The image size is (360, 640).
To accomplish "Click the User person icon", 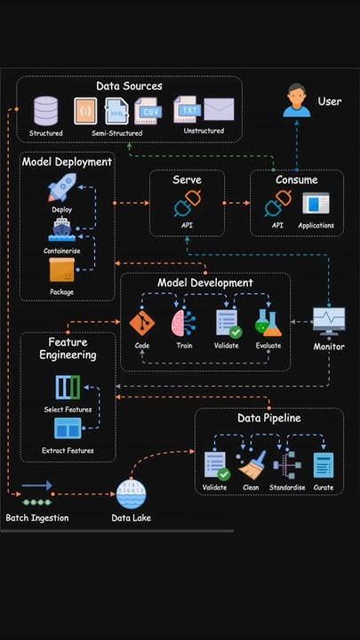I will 297,100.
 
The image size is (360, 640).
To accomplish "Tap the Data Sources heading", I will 130,86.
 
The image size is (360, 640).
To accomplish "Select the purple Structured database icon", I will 46,111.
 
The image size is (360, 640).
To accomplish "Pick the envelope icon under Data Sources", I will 219,109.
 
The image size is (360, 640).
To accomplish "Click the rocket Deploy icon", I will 61,188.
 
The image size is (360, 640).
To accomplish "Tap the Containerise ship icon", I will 61,228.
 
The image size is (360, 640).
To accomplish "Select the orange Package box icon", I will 61,269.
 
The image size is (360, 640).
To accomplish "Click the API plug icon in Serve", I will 187,205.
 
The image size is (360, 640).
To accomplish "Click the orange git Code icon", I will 141,323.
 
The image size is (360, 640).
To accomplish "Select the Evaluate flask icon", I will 268,322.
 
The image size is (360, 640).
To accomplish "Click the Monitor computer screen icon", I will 328,321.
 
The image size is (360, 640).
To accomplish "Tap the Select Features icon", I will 68,388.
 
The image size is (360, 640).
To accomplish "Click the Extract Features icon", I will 68,428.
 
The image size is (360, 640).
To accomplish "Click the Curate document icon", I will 323,465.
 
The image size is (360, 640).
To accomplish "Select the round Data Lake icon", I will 131,494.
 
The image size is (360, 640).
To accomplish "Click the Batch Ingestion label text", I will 37,518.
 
